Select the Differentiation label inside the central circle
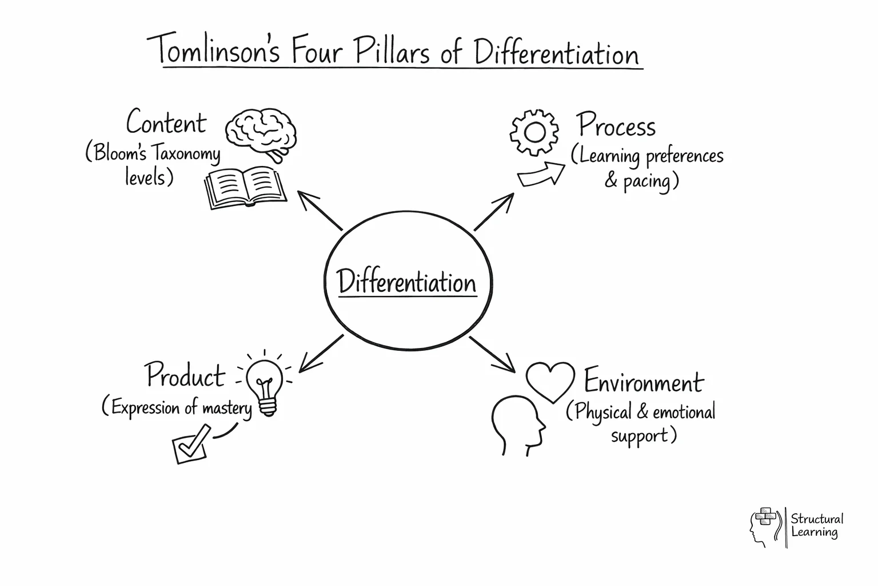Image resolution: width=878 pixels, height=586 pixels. (x=406, y=282)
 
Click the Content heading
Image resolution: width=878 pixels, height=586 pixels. (x=166, y=123)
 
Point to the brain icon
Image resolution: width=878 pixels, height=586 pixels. (x=261, y=132)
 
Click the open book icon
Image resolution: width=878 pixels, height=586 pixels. (x=245, y=187)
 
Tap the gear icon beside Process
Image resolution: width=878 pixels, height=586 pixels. (x=534, y=132)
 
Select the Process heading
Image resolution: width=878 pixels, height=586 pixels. (x=616, y=125)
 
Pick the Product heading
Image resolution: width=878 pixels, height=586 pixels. (x=185, y=376)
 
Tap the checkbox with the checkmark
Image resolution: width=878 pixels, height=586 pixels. (x=190, y=444)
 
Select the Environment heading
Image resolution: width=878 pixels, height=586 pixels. (x=643, y=382)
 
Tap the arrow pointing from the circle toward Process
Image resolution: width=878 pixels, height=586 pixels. (x=494, y=212)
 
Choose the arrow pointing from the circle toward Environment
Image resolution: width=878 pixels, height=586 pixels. (x=493, y=354)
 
